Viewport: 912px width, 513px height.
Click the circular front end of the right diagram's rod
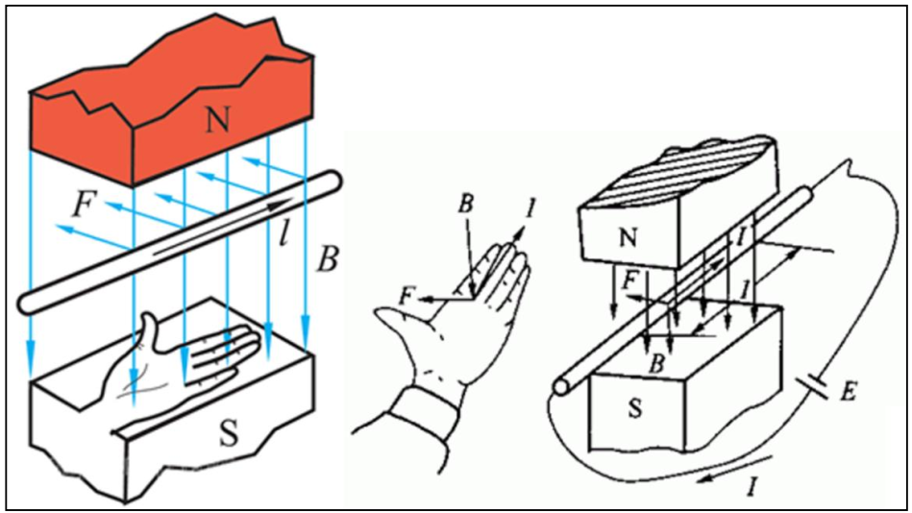click(561, 386)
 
